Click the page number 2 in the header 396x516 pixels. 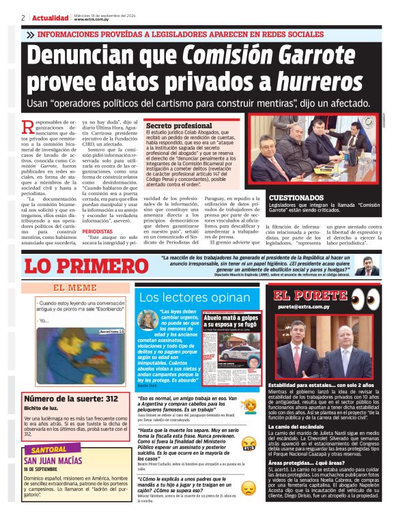(x=23, y=17)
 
